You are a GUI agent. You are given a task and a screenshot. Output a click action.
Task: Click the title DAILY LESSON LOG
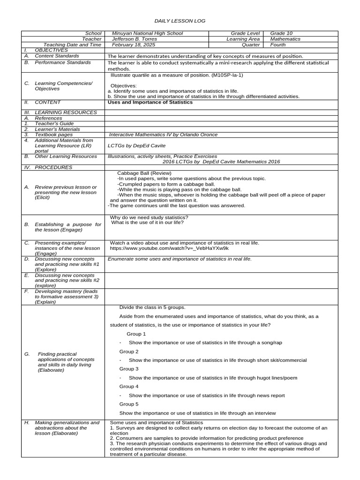click(180, 21)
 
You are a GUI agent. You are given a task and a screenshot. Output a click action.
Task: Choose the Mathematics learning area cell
click(285, 39)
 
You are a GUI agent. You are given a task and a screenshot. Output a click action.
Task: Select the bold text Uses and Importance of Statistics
click(150, 102)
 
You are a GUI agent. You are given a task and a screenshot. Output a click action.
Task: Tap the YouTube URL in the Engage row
click(169, 248)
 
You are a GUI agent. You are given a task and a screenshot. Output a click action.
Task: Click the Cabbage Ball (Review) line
click(141, 173)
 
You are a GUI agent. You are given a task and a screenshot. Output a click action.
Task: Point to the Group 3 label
click(129, 369)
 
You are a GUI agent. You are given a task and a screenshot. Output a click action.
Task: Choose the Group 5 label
click(129, 404)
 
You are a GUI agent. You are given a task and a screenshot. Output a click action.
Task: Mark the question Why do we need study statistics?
click(149, 217)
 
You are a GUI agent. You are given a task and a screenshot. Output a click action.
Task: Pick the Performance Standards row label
click(63, 62)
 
